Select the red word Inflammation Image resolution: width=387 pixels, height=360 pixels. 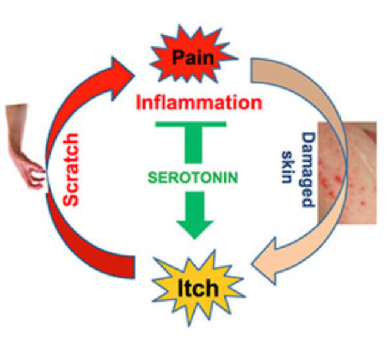click(199, 102)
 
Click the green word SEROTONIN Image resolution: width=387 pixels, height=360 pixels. click(191, 176)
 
